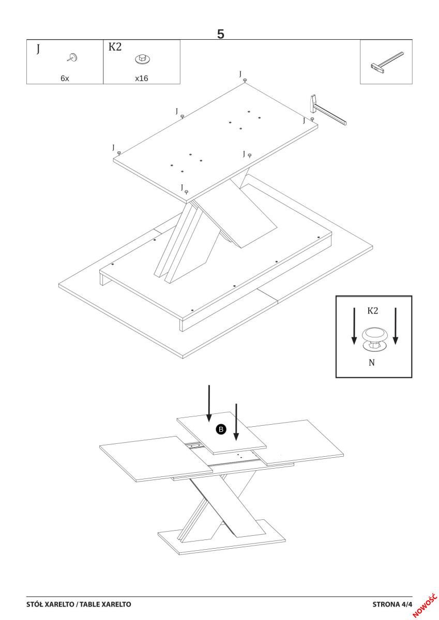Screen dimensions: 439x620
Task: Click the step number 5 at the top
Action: point(220,34)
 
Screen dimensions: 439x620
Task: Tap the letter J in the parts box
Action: point(38,49)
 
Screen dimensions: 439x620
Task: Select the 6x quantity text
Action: point(65,79)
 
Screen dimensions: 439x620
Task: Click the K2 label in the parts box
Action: point(115,47)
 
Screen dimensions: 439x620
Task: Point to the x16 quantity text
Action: point(141,79)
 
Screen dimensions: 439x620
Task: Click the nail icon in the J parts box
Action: point(72,57)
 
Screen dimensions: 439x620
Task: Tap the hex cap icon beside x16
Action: point(143,59)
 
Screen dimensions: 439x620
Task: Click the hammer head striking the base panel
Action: point(313,104)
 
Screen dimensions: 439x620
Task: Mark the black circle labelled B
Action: point(221,429)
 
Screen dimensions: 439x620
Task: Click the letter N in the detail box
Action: point(371,362)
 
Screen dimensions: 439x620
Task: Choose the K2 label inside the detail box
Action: point(372,311)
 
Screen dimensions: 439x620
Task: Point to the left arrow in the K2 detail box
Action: point(354,327)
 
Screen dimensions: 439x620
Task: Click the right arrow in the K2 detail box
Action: point(396,327)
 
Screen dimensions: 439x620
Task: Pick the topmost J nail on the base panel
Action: point(245,80)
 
